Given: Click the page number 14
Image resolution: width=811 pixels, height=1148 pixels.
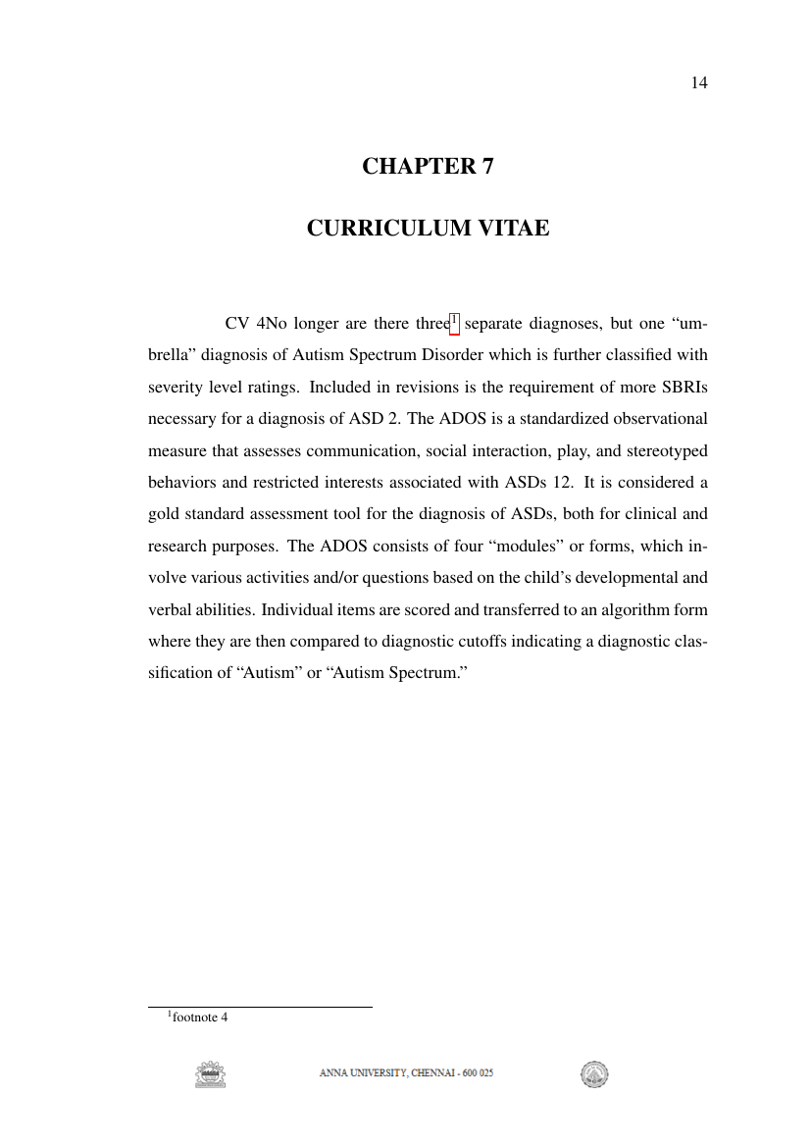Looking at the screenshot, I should [699, 82].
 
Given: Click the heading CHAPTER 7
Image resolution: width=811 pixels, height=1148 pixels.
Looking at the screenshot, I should [428, 166].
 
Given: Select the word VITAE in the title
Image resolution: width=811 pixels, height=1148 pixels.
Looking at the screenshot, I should [512, 229].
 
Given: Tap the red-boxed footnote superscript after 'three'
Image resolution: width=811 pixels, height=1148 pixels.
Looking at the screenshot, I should [454, 320].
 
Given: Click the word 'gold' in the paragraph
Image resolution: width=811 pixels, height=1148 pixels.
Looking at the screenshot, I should [163, 514].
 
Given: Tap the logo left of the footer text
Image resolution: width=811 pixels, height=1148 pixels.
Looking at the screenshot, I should [210, 1074].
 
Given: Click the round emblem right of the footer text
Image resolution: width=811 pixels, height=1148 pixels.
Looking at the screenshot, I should [593, 1074].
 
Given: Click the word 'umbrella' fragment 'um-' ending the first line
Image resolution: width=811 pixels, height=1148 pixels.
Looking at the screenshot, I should [692, 324].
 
